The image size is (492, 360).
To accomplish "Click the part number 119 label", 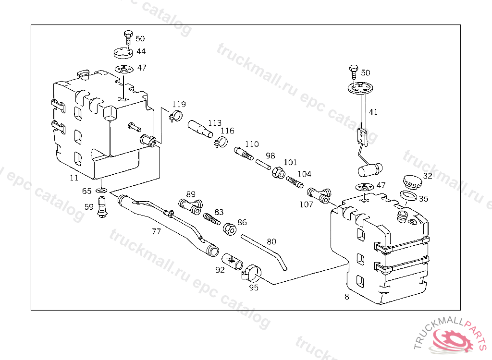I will click(179, 105).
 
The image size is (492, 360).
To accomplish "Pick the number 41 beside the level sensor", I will click(373, 112).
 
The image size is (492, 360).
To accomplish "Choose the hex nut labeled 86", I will click(230, 228).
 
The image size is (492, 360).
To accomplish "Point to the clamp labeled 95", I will click(252, 274).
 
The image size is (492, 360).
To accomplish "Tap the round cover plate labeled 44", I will click(123, 52).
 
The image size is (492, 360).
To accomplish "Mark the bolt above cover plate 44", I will click(127, 36).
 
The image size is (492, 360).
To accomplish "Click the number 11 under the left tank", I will click(74, 178).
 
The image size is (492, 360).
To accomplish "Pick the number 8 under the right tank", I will click(347, 297).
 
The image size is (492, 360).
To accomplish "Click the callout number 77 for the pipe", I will click(156, 231).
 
